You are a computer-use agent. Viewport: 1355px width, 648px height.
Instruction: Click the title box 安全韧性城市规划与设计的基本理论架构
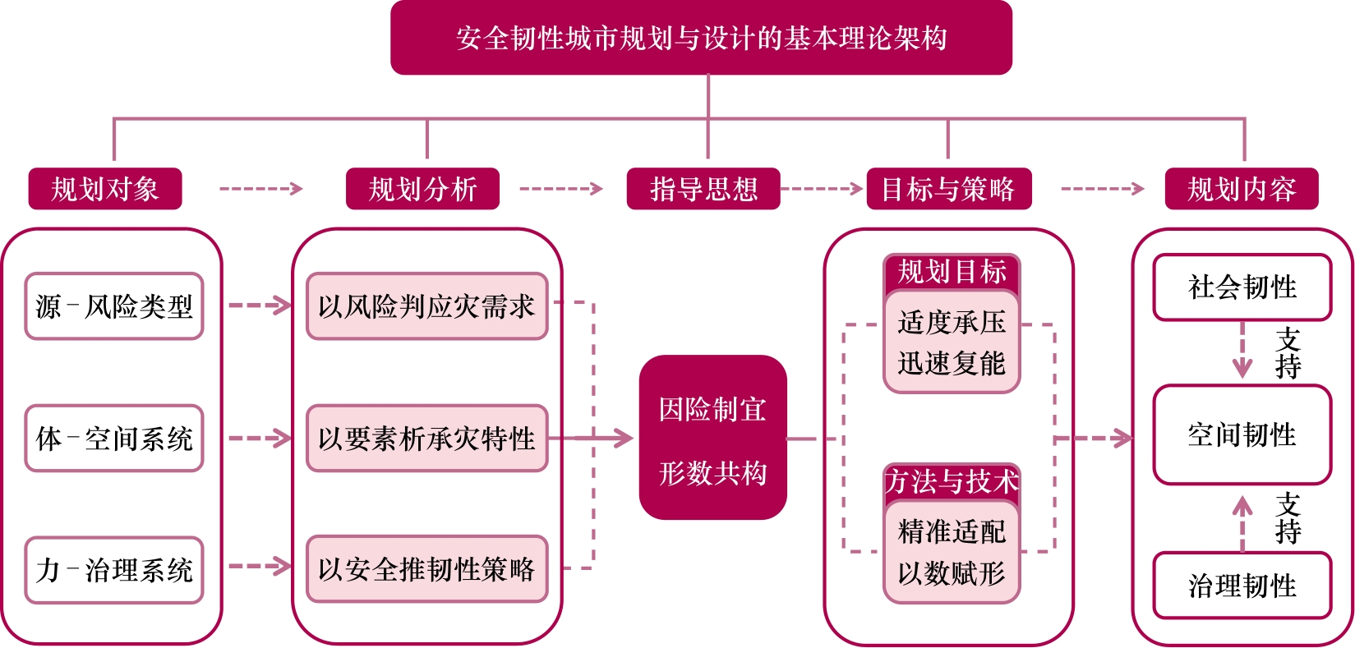(x=701, y=38)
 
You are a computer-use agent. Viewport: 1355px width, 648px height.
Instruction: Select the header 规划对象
(x=105, y=189)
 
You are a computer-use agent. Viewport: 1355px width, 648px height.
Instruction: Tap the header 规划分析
(x=422, y=189)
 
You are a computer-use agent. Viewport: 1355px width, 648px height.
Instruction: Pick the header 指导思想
(x=703, y=189)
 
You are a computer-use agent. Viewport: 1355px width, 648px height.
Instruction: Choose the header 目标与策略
(x=948, y=189)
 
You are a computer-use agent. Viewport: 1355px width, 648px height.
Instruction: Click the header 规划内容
(x=1242, y=189)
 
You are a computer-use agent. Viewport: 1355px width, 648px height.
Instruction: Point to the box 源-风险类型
(x=114, y=306)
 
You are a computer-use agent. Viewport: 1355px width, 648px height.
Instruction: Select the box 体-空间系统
(x=114, y=439)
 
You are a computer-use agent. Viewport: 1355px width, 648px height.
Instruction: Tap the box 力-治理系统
(x=114, y=570)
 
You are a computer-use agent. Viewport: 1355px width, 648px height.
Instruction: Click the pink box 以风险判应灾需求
(x=426, y=306)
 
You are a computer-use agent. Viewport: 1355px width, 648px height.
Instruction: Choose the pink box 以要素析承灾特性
(x=426, y=439)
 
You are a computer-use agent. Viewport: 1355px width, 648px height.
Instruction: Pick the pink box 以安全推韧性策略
(x=426, y=569)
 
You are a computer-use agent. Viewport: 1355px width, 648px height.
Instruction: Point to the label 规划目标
(x=952, y=272)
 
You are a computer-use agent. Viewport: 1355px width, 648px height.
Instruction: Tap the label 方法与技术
(x=952, y=481)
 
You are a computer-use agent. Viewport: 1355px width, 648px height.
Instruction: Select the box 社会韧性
(x=1242, y=287)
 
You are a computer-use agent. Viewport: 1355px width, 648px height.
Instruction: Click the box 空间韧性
(x=1242, y=434)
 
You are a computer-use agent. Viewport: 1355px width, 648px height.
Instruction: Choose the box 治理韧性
(x=1242, y=586)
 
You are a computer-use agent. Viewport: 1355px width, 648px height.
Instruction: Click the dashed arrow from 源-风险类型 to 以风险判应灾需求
(x=259, y=306)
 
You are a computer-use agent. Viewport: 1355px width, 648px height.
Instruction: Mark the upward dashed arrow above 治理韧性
(x=1242, y=523)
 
